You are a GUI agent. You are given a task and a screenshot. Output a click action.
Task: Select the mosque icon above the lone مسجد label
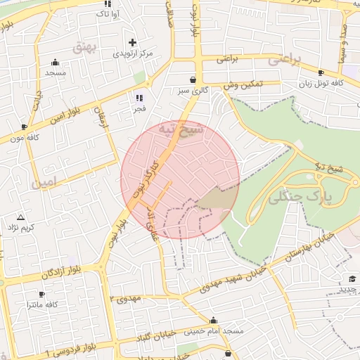point(56,63)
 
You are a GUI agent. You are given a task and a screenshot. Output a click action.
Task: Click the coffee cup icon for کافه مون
point(25,127)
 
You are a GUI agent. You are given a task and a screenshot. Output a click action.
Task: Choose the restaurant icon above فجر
point(139,98)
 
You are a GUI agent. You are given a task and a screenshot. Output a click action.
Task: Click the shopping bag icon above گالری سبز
point(193,79)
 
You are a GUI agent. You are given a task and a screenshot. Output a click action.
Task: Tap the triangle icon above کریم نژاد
point(20,217)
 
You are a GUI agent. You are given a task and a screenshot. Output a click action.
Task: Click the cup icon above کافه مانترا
point(41,294)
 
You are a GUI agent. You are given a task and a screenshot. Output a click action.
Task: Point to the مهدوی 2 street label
point(126,298)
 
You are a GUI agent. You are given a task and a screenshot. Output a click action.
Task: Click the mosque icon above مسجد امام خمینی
point(214,320)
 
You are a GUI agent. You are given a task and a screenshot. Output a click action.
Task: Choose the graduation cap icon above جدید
point(353,279)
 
